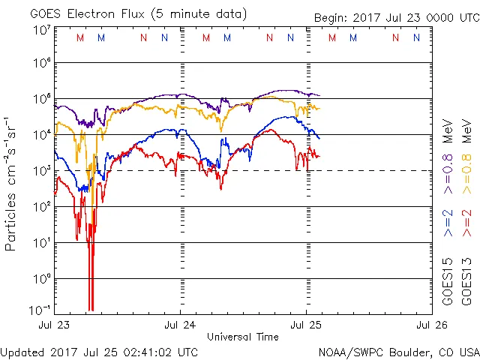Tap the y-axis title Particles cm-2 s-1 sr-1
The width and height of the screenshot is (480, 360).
point(11,184)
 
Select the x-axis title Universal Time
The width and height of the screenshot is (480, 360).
point(242,337)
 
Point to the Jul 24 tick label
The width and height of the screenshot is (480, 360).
point(181,325)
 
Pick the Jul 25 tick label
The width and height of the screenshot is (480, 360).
point(305,325)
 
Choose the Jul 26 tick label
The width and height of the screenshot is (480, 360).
point(430,325)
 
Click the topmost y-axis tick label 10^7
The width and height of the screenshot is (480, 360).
point(41,29)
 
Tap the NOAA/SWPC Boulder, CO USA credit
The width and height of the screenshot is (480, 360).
point(398,352)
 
